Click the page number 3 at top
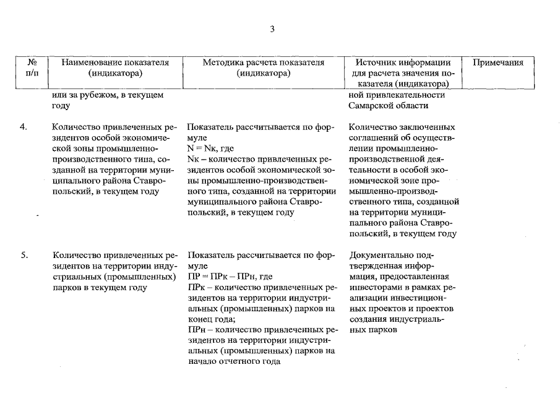click(272, 29)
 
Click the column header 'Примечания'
click(498, 62)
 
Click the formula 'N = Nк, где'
click(210, 148)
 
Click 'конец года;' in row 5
click(209, 319)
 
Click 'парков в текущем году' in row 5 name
click(100, 287)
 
